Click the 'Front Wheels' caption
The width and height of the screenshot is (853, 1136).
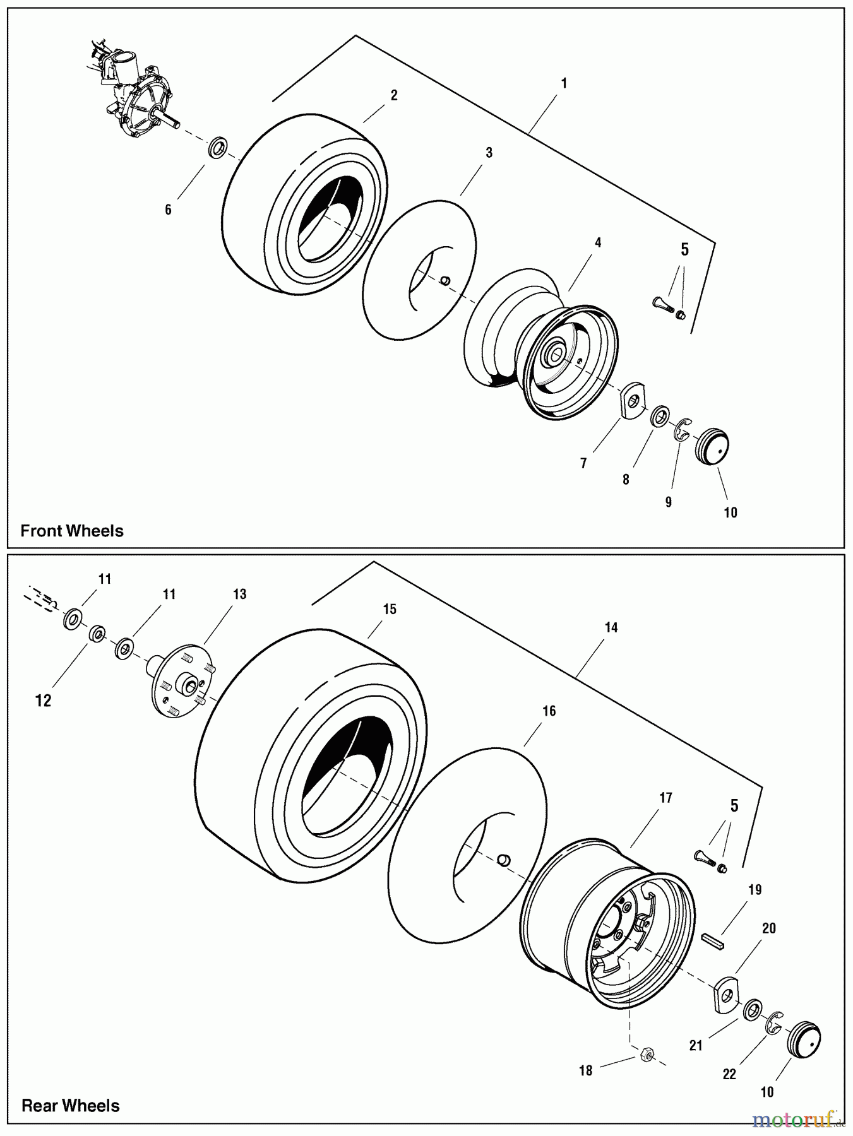72,531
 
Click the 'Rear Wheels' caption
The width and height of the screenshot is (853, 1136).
71,1106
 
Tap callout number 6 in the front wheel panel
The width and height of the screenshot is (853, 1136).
168,210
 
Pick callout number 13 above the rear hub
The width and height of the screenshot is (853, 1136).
239,594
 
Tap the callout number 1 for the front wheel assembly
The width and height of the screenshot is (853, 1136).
564,83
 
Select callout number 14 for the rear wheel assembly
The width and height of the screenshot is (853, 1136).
611,627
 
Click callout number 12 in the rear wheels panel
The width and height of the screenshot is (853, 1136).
44,701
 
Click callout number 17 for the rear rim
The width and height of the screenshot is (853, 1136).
665,798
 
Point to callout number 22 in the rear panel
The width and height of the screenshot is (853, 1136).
729,1075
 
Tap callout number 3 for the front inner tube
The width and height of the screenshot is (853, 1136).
489,153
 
